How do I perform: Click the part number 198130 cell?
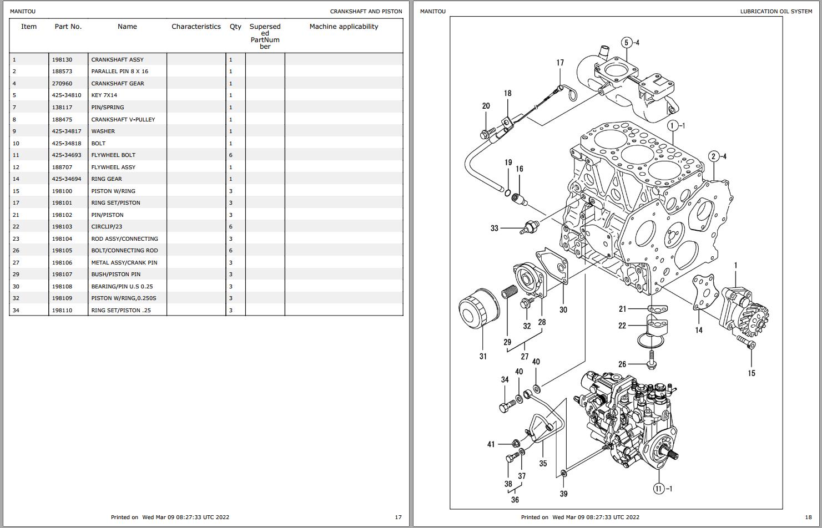[x=62, y=59]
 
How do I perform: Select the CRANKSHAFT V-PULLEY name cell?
[x=123, y=119]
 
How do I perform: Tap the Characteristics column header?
[x=196, y=27]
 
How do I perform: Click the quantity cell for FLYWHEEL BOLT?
[x=231, y=155]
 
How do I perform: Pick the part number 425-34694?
[x=67, y=179]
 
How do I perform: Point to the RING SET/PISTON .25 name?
[x=121, y=311]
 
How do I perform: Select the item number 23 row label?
[x=16, y=239]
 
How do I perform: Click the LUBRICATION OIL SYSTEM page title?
[x=776, y=12]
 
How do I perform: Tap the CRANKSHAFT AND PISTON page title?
[x=366, y=12]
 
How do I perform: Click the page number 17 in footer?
[x=398, y=517]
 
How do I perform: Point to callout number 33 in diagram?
[x=494, y=228]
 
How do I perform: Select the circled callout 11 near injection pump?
[x=659, y=489]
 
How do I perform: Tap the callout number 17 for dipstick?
[x=560, y=63]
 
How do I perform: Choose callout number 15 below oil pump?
[x=752, y=373]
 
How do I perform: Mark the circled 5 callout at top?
[x=627, y=43]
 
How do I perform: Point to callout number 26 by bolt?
[x=622, y=364]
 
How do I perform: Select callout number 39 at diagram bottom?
[x=563, y=494]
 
